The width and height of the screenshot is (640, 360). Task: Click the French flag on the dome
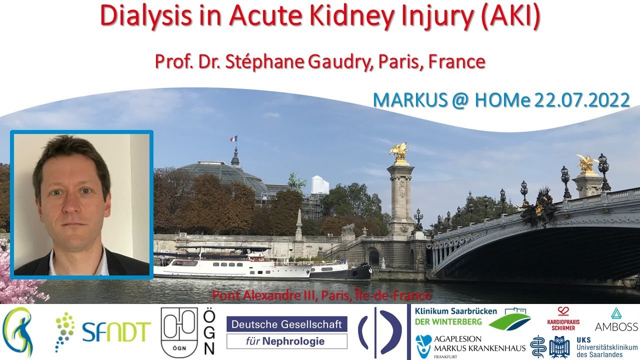[233, 138]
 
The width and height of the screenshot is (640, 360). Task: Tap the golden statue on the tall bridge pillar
[399, 152]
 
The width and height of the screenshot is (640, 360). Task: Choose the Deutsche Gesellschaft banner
[286, 323]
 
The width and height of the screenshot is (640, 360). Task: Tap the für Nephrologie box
[286, 342]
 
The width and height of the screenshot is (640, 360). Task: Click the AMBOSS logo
[616, 326]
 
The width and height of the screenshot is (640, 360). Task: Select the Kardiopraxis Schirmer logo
[563, 321]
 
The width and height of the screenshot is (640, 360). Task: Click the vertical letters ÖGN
[209, 331]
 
